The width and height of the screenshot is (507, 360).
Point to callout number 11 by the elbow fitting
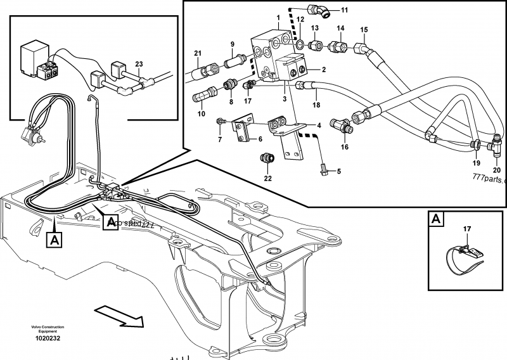point(344,11)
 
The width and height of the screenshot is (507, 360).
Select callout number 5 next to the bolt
point(338,171)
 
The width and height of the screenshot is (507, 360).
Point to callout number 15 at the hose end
point(363,30)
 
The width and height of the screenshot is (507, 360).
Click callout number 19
point(475,163)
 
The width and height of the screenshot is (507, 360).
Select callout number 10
point(201,113)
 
